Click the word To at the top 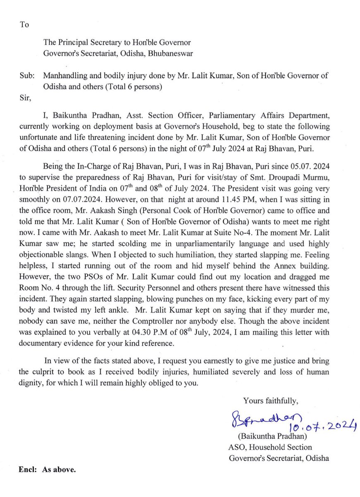click(x=24, y=24)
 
